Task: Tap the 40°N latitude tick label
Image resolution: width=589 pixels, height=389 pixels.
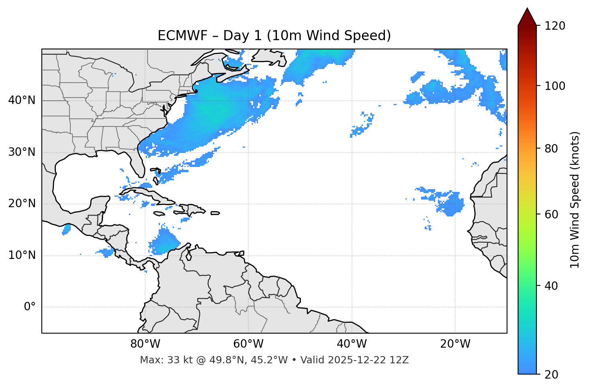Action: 22,100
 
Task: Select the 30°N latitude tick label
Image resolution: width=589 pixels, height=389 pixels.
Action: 22,152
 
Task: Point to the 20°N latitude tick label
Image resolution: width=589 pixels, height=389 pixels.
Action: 22,204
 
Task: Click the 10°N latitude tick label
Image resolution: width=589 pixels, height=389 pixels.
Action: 22,255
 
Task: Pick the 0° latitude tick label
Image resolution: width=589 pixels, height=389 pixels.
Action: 30,307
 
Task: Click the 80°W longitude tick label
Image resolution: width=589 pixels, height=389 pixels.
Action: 145,344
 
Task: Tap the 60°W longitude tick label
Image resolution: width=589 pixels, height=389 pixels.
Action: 248,344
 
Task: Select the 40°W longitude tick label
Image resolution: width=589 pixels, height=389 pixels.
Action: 352,344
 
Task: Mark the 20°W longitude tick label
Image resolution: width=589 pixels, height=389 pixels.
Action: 455,344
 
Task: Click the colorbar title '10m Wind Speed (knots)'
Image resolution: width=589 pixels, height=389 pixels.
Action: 575,200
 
